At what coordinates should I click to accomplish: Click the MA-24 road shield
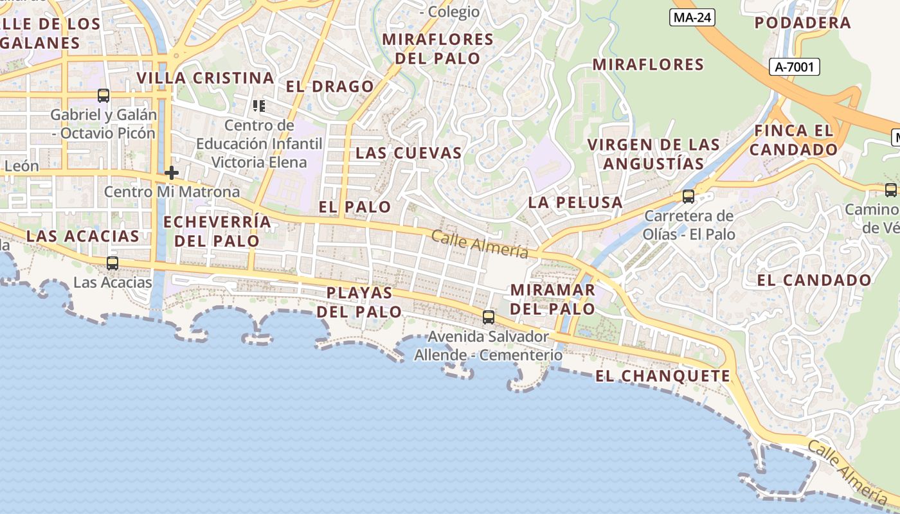pos(692,17)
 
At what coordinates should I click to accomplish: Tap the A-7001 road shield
pos(794,66)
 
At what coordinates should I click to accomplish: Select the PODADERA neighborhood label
pos(802,23)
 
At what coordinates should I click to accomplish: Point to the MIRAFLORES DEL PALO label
pos(438,49)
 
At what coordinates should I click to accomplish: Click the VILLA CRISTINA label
pos(206,78)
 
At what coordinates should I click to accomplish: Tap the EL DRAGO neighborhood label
pos(330,87)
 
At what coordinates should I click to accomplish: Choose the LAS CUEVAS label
pos(409,153)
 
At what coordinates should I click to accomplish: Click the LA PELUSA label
pos(575,202)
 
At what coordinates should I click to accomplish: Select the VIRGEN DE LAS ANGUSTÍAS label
pos(654,154)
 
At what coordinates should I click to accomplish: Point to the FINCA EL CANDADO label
pos(794,140)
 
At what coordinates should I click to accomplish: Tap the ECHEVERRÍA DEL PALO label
pos(217,231)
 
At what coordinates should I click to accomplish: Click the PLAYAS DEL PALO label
pos(359,302)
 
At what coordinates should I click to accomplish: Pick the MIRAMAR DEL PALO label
pos(553,299)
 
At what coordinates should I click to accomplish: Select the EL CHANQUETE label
pos(663,377)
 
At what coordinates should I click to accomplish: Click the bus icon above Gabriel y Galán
pos(104,96)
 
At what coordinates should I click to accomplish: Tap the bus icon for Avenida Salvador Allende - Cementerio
pos(489,317)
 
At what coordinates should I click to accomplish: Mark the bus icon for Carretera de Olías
pos(688,197)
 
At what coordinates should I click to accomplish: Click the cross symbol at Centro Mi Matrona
pos(172,173)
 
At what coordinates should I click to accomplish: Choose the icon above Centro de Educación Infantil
pos(259,105)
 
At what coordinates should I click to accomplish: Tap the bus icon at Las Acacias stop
pos(113,263)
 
